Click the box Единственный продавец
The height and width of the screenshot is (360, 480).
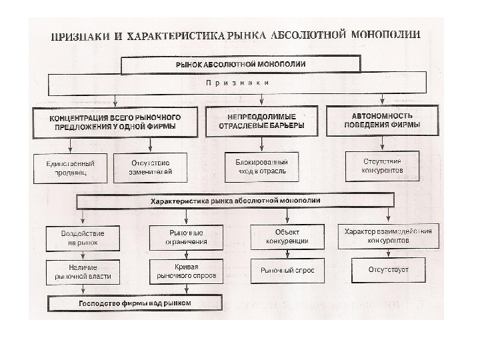[70, 167]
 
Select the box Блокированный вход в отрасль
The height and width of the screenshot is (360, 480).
[261, 167]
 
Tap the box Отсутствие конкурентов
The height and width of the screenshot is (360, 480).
[383, 166]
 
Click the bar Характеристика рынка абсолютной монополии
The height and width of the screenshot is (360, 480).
[235, 201]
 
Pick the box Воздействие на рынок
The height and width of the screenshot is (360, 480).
[82, 237]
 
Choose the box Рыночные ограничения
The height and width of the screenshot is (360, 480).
[185, 237]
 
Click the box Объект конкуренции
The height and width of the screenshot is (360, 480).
[287, 236]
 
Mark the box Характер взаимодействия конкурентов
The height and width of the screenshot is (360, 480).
[387, 235]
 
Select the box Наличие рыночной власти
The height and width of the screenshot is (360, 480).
[82, 271]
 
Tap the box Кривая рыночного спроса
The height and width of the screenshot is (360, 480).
[185, 270]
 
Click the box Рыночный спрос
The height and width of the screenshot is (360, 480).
[287, 271]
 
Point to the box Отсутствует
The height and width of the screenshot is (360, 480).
[387, 270]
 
